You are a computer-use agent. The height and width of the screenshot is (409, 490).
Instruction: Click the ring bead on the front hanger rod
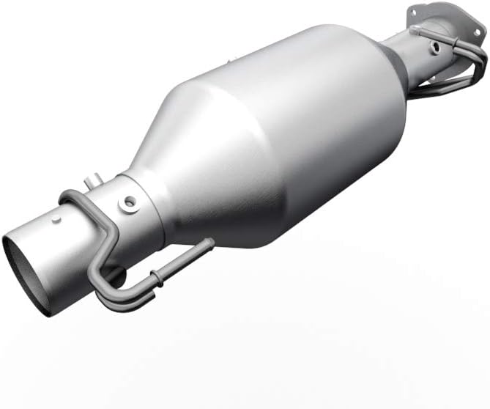pyautogui.click(x=155, y=279)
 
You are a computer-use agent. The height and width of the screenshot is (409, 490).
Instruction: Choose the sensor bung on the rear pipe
pyautogui.click(x=436, y=47)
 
